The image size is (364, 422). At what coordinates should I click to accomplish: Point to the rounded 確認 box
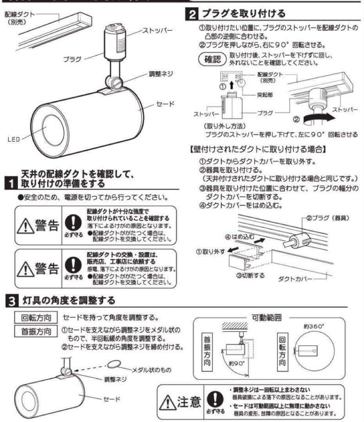pos(212,59)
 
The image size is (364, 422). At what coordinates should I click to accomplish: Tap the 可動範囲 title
pos(270,316)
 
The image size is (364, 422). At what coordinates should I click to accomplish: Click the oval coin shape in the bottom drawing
pos(113,365)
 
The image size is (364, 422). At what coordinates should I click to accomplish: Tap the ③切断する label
pos(250,275)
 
